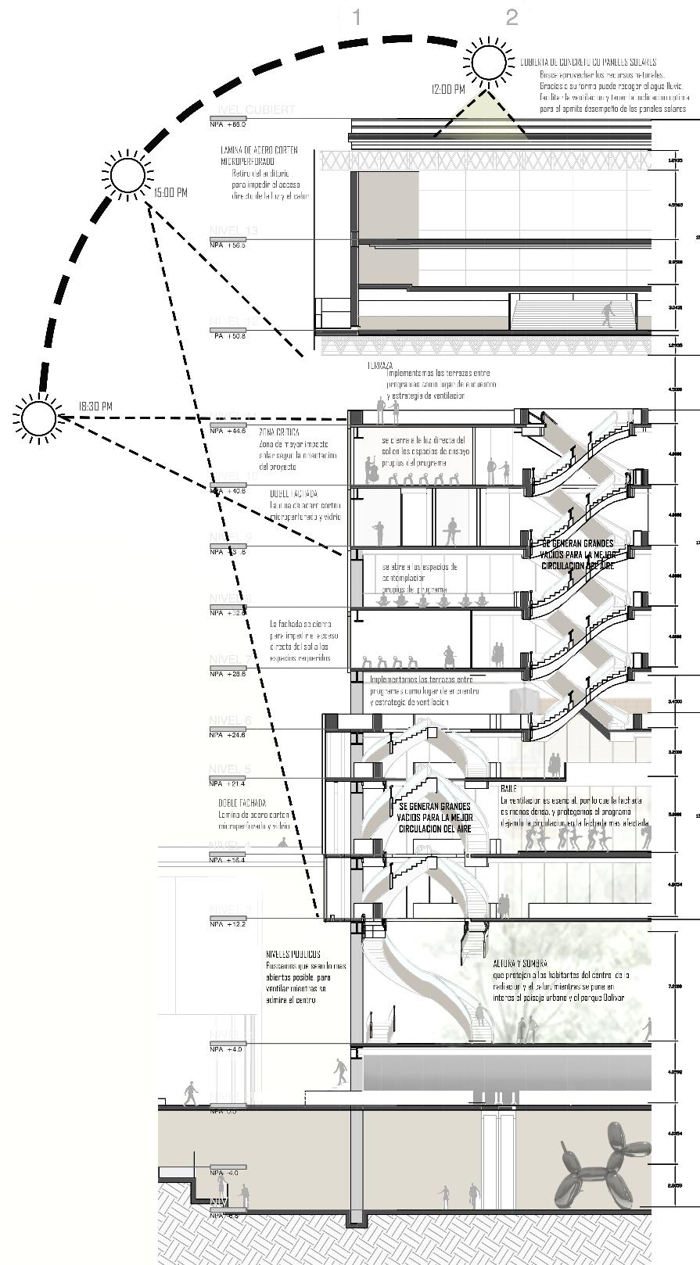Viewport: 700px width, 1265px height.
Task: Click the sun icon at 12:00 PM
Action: [x=489, y=62]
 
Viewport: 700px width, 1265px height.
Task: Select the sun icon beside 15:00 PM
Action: [x=127, y=174]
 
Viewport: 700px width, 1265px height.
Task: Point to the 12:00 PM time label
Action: [x=448, y=90]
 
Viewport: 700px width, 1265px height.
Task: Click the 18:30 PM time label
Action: [x=95, y=407]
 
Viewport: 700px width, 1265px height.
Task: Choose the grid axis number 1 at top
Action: [x=356, y=17]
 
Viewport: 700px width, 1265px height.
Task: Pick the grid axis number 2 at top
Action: [x=512, y=17]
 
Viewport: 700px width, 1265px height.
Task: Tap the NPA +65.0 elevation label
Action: [x=228, y=124]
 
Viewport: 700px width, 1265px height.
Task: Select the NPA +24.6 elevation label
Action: [x=228, y=735]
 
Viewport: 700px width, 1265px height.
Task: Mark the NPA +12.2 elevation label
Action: [x=228, y=924]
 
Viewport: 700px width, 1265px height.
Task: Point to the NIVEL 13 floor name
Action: [x=234, y=231]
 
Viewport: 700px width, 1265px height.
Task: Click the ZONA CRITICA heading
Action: [x=278, y=432]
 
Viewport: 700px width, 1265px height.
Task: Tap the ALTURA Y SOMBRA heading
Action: [x=520, y=964]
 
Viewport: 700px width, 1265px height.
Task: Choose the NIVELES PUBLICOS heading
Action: [x=293, y=955]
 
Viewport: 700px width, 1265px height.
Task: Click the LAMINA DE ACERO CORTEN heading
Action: [x=258, y=150]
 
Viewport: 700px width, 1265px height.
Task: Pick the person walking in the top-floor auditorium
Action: [x=608, y=315]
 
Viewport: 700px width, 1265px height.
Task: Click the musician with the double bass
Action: [x=371, y=470]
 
